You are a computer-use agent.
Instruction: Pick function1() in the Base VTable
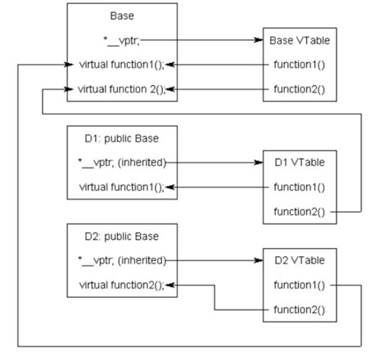(300, 63)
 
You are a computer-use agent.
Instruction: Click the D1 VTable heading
(300, 163)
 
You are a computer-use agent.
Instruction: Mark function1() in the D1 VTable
(300, 187)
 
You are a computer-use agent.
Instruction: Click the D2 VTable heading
(300, 261)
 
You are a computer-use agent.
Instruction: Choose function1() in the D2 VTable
(300, 285)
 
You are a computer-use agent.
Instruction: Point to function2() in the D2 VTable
(300, 309)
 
